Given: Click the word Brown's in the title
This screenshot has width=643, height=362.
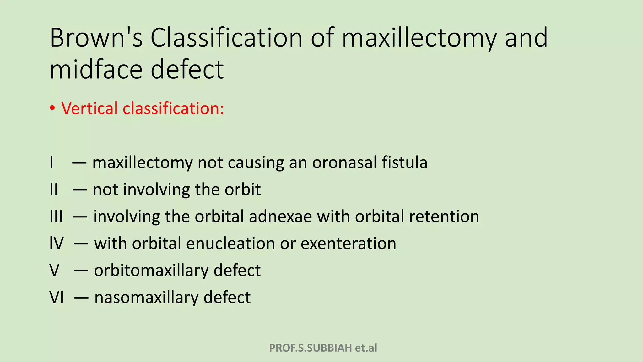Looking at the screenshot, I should [x=96, y=38].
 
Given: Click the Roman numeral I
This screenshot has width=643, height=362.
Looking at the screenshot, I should [x=51, y=163].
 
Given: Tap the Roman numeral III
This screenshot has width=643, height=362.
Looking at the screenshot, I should [x=56, y=217].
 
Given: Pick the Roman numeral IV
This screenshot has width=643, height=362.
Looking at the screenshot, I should [x=57, y=244].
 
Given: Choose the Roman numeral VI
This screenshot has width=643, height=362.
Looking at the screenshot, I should [x=57, y=298].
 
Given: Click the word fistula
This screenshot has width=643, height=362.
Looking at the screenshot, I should [x=404, y=163].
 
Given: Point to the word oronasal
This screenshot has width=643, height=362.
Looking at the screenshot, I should [x=344, y=163].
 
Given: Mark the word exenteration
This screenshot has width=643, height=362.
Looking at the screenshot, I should [x=348, y=244].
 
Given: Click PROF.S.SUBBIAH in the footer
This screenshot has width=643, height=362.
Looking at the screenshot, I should [x=311, y=348].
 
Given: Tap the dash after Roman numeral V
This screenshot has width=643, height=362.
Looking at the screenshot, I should [x=81, y=271].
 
